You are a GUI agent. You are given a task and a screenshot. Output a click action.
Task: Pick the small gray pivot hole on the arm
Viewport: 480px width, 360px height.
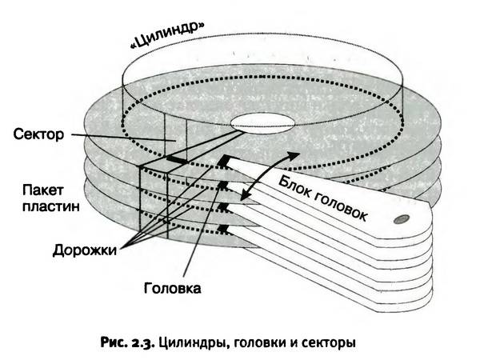(403, 218)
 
